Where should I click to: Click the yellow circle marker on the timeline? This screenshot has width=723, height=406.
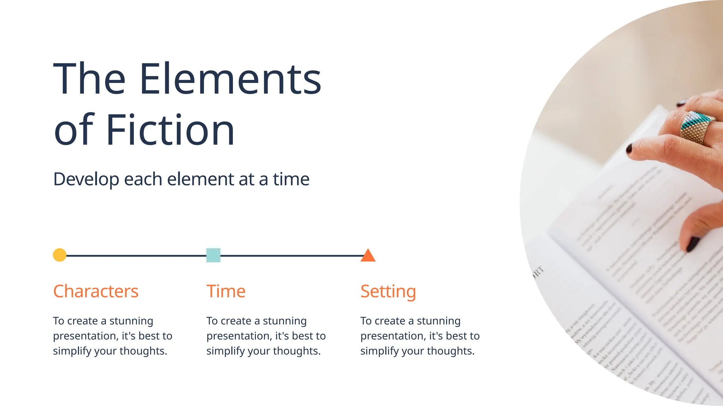point(60,255)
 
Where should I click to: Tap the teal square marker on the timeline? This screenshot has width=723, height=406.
point(213,255)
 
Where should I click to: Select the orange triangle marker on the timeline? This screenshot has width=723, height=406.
point(368,256)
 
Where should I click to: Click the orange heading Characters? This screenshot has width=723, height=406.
point(96,291)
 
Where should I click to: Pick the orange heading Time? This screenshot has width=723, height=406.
point(226,291)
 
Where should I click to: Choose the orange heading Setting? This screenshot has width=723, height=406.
point(388,292)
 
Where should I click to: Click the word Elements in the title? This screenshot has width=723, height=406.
point(230,79)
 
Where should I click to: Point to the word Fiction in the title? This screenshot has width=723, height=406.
point(170,130)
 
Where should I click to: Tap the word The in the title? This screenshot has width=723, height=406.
point(89,79)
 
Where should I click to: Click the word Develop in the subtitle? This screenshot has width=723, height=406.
point(86,179)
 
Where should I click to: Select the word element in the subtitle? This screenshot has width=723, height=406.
point(201,179)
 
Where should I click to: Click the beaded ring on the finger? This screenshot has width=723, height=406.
point(697,127)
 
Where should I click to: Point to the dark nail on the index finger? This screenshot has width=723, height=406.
point(629,149)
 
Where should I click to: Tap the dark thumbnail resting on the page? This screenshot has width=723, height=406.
point(693,244)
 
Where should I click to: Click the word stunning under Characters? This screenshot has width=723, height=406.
point(131,321)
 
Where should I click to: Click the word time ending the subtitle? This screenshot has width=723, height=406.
point(291,179)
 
